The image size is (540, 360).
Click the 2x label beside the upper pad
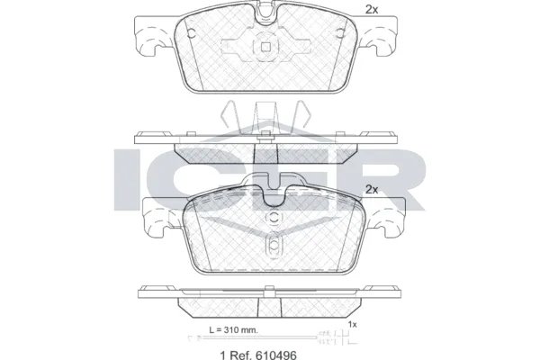click(x=372, y=10)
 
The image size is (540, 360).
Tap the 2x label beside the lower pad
click(x=372, y=190)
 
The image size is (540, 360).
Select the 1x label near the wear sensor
click(x=352, y=324)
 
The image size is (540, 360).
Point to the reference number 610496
click(x=274, y=355)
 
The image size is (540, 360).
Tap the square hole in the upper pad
click(x=265, y=46)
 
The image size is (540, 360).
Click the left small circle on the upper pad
click(x=192, y=33)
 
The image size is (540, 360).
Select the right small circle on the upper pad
click(x=339, y=33)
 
